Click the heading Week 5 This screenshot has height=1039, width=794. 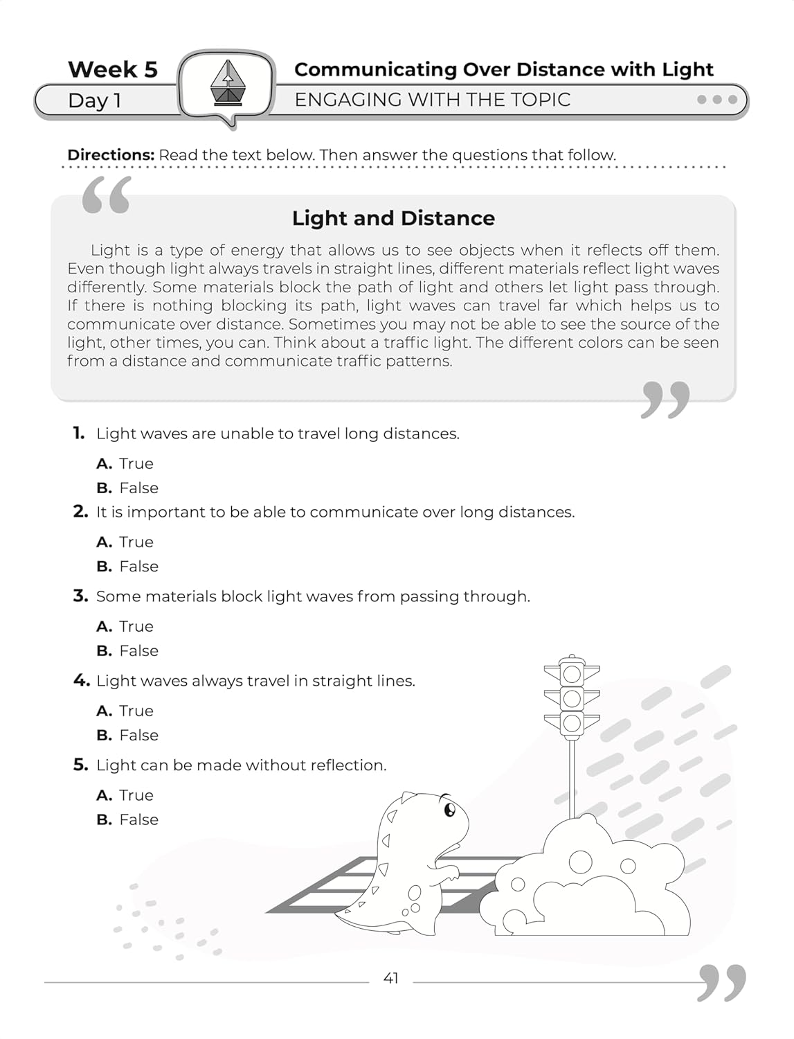tap(113, 69)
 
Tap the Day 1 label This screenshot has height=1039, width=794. tap(95, 101)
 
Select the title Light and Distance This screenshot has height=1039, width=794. tap(393, 218)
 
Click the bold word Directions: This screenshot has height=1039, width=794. tap(111, 155)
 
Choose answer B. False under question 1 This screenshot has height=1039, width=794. tap(128, 488)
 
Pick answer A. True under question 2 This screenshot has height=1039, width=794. tap(125, 542)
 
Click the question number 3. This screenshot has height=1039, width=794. tap(80, 596)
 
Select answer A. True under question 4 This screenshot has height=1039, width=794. tap(125, 711)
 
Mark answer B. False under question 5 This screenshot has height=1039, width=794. tap(128, 820)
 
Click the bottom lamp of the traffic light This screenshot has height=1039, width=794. tap(572, 724)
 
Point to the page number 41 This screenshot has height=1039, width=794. tap(391, 979)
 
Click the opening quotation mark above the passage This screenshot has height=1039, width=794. tap(106, 195)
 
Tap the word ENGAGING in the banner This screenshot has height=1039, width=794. tap(339, 100)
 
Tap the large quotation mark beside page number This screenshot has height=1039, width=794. tap(722, 982)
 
